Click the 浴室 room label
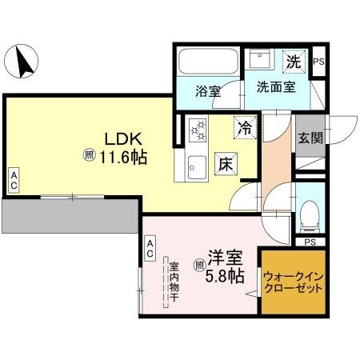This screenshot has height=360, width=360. (208, 90)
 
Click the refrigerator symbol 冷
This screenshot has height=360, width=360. (244, 126)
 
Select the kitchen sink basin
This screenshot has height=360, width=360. (196, 167)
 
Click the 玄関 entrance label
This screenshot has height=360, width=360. (310, 138)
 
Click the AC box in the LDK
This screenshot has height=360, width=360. (14, 180)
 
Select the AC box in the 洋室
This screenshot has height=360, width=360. (150, 248)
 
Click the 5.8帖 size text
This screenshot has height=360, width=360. (224, 277)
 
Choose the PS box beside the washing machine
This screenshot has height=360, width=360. (318, 62)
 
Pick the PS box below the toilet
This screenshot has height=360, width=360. (310, 241)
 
